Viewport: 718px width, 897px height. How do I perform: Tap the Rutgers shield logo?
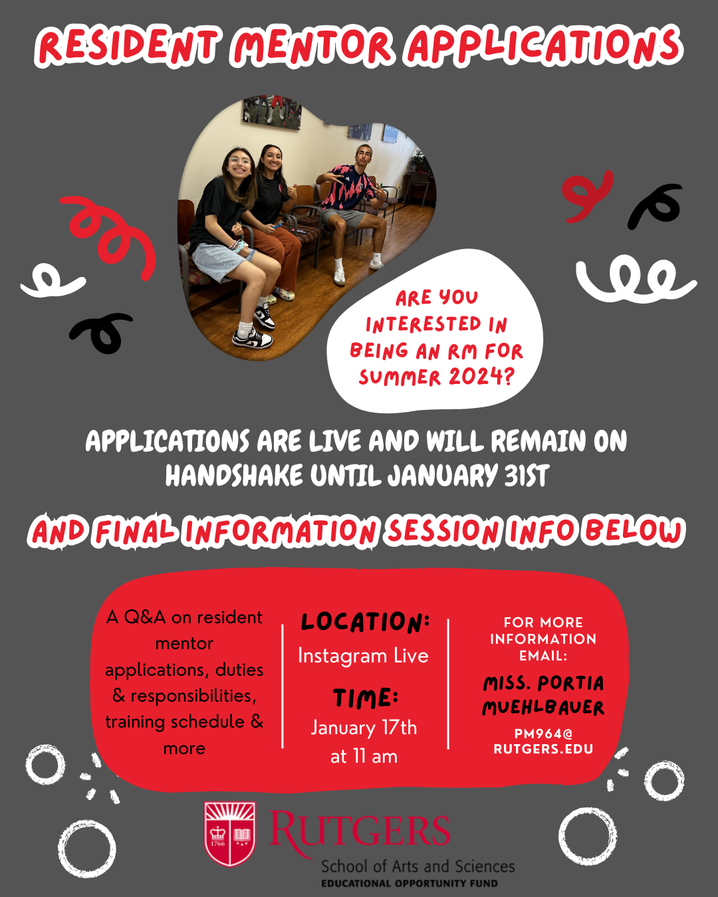(x=230, y=834)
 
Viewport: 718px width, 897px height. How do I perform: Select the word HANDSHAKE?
(x=234, y=476)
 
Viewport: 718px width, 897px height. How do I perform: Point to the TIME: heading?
(x=366, y=698)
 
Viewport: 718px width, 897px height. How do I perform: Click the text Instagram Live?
(x=364, y=656)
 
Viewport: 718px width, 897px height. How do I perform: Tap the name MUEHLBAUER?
(x=543, y=708)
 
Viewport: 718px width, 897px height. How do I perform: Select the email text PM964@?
(x=543, y=733)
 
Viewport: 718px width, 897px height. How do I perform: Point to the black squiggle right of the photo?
(x=656, y=205)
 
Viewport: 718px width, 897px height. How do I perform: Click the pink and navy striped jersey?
(x=343, y=186)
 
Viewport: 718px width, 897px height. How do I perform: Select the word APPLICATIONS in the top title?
(x=544, y=46)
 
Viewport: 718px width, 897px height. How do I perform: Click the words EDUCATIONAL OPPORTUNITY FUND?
(x=410, y=884)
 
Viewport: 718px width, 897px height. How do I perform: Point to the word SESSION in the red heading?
(x=443, y=531)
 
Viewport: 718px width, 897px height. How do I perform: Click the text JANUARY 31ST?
(x=468, y=476)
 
